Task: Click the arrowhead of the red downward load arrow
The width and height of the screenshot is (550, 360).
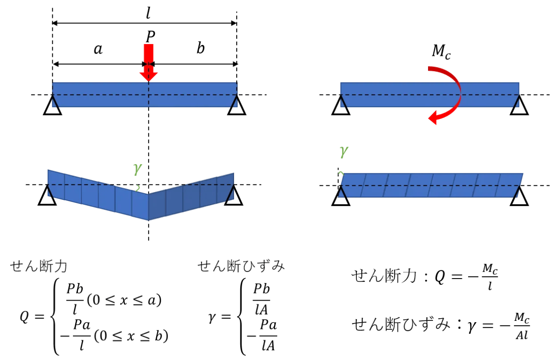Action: pos(149,76)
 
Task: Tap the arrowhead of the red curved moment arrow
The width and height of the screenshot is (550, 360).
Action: pos(433,119)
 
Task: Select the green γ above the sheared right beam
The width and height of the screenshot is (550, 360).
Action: pos(344,152)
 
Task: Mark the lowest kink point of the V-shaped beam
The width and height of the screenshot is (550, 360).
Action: pos(149,220)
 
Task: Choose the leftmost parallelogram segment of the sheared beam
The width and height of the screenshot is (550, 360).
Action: pos(353,185)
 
